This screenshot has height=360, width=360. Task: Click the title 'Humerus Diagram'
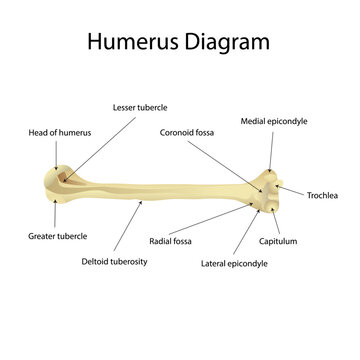(179, 42)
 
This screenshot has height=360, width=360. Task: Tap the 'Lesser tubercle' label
(141, 105)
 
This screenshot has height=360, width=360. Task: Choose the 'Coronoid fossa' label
(188, 131)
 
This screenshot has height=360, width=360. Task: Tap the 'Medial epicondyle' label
(274, 120)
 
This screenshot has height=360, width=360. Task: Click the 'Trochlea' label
(326, 195)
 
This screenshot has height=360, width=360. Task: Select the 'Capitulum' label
(279, 241)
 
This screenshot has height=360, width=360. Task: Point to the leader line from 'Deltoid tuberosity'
(129, 226)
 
